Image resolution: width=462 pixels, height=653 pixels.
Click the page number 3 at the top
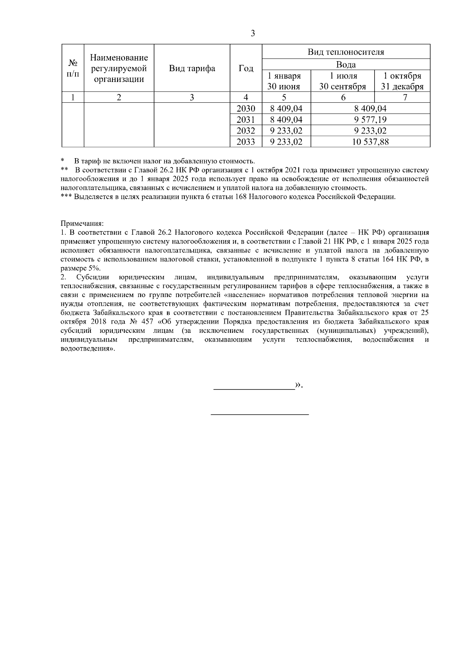[253, 33]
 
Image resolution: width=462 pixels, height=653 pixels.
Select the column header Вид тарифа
[192, 68]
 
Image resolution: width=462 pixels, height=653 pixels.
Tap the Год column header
[246, 68]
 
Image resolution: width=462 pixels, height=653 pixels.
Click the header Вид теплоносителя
[346, 52]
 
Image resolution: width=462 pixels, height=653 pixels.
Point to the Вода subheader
[346, 64]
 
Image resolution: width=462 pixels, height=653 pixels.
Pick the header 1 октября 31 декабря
[402, 81]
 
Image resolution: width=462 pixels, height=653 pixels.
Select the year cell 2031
[246, 120]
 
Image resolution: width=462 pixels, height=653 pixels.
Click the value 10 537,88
[370, 142]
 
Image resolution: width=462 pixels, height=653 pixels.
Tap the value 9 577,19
[370, 120]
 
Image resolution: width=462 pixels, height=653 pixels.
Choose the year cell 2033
[246, 142]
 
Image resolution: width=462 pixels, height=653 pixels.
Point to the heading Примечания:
[82, 223]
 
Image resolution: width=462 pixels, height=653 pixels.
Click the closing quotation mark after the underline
[299, 385]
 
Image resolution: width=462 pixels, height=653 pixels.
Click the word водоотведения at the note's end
[87, 349]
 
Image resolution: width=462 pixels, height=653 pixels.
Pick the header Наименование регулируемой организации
[119, 68]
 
